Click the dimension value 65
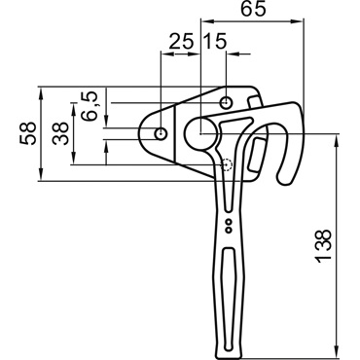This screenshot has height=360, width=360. (253, 9)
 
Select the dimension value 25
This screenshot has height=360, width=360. (181, 42)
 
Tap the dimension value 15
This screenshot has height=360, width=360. (214, 42)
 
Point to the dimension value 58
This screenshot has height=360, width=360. (27, 133)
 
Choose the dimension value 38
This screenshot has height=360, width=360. (60, 133)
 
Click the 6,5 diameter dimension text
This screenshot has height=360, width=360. (90, 106)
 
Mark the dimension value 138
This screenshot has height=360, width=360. (323, 246)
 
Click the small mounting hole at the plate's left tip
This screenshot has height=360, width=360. (161, 133)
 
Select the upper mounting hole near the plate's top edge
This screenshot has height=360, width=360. (226, 103)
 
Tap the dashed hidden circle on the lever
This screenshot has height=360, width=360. (227, 164)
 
